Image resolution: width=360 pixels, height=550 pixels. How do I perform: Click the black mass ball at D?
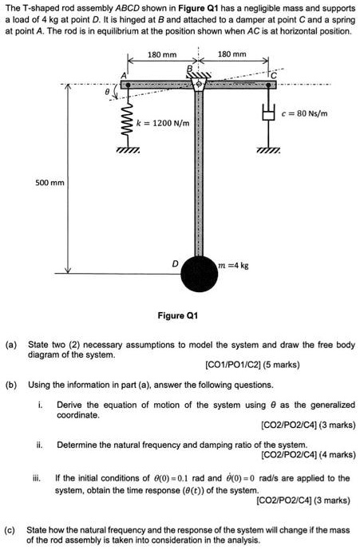click(x=198, y=274)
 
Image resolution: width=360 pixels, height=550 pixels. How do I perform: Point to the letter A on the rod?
click(x=124, y=75)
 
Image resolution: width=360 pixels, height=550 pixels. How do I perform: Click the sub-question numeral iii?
click(x=38, y=478)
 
